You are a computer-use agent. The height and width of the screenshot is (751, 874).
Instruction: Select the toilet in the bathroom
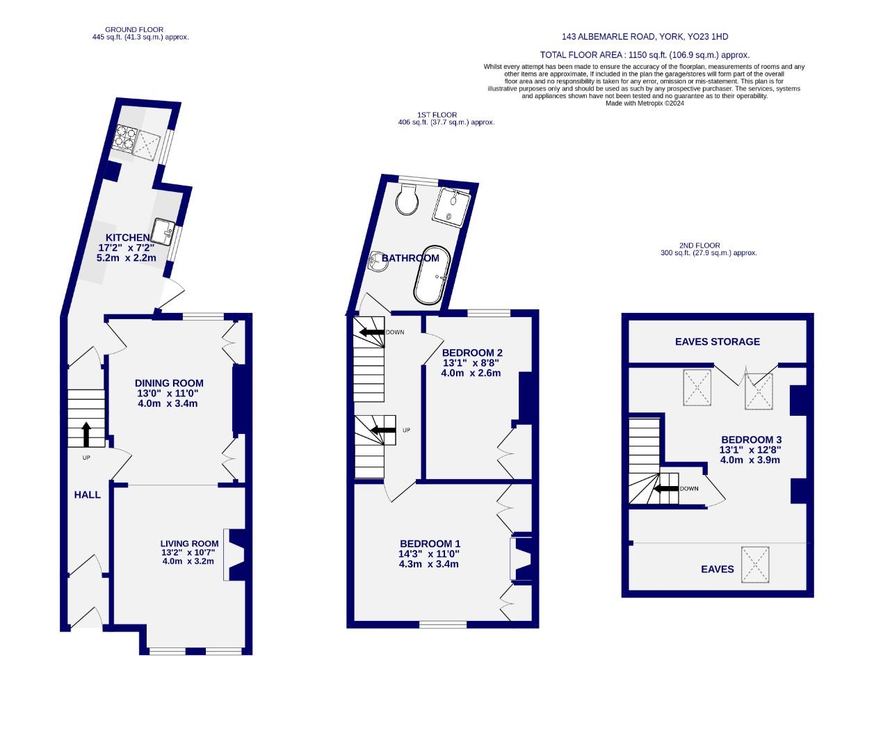point(406,200)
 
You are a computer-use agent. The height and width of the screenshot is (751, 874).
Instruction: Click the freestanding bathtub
point(433,275)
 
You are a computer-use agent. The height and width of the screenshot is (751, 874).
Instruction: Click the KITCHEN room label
point(127,238)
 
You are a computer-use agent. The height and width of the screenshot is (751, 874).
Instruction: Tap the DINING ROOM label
point(169,383)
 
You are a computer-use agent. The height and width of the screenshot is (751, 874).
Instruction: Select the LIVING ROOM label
point(189,544)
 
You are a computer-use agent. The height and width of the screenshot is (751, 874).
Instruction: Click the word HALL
point(88,495)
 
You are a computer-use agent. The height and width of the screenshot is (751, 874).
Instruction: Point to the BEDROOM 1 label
point(430,544)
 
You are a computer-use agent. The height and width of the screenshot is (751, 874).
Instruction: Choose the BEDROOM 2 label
point(472,353)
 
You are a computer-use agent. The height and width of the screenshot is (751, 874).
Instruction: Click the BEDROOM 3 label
point(751,439)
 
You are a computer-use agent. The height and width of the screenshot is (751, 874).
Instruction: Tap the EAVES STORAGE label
point(718,341)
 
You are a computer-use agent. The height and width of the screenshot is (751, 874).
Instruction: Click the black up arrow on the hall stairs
point(86,434)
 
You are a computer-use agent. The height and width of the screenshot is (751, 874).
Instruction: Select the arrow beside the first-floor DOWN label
point(372,332)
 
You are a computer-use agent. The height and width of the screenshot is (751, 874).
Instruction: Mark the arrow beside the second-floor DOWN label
point(666,489)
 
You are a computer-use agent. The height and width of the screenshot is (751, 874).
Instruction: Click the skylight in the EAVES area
point(755,565)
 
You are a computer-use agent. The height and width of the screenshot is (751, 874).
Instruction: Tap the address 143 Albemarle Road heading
point(645,37)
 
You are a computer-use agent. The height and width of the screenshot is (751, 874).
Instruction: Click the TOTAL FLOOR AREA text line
point(645,55)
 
